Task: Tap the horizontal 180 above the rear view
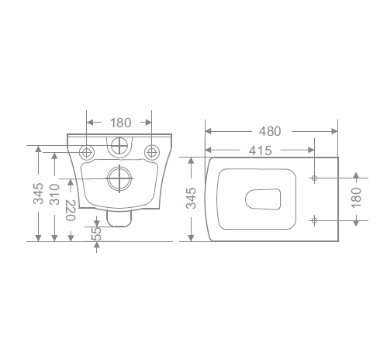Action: (x=120, y=122)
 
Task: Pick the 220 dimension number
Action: (x=71, y=210)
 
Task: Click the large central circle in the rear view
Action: (x=120, y=179)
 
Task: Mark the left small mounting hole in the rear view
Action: (x=87, y=151)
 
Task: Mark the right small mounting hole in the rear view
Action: (x=153, y=151)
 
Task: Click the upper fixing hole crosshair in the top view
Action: (x=314, y=178)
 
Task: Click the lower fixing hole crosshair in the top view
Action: (x=314, y=220)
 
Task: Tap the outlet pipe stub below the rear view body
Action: (x=118, y=218)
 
